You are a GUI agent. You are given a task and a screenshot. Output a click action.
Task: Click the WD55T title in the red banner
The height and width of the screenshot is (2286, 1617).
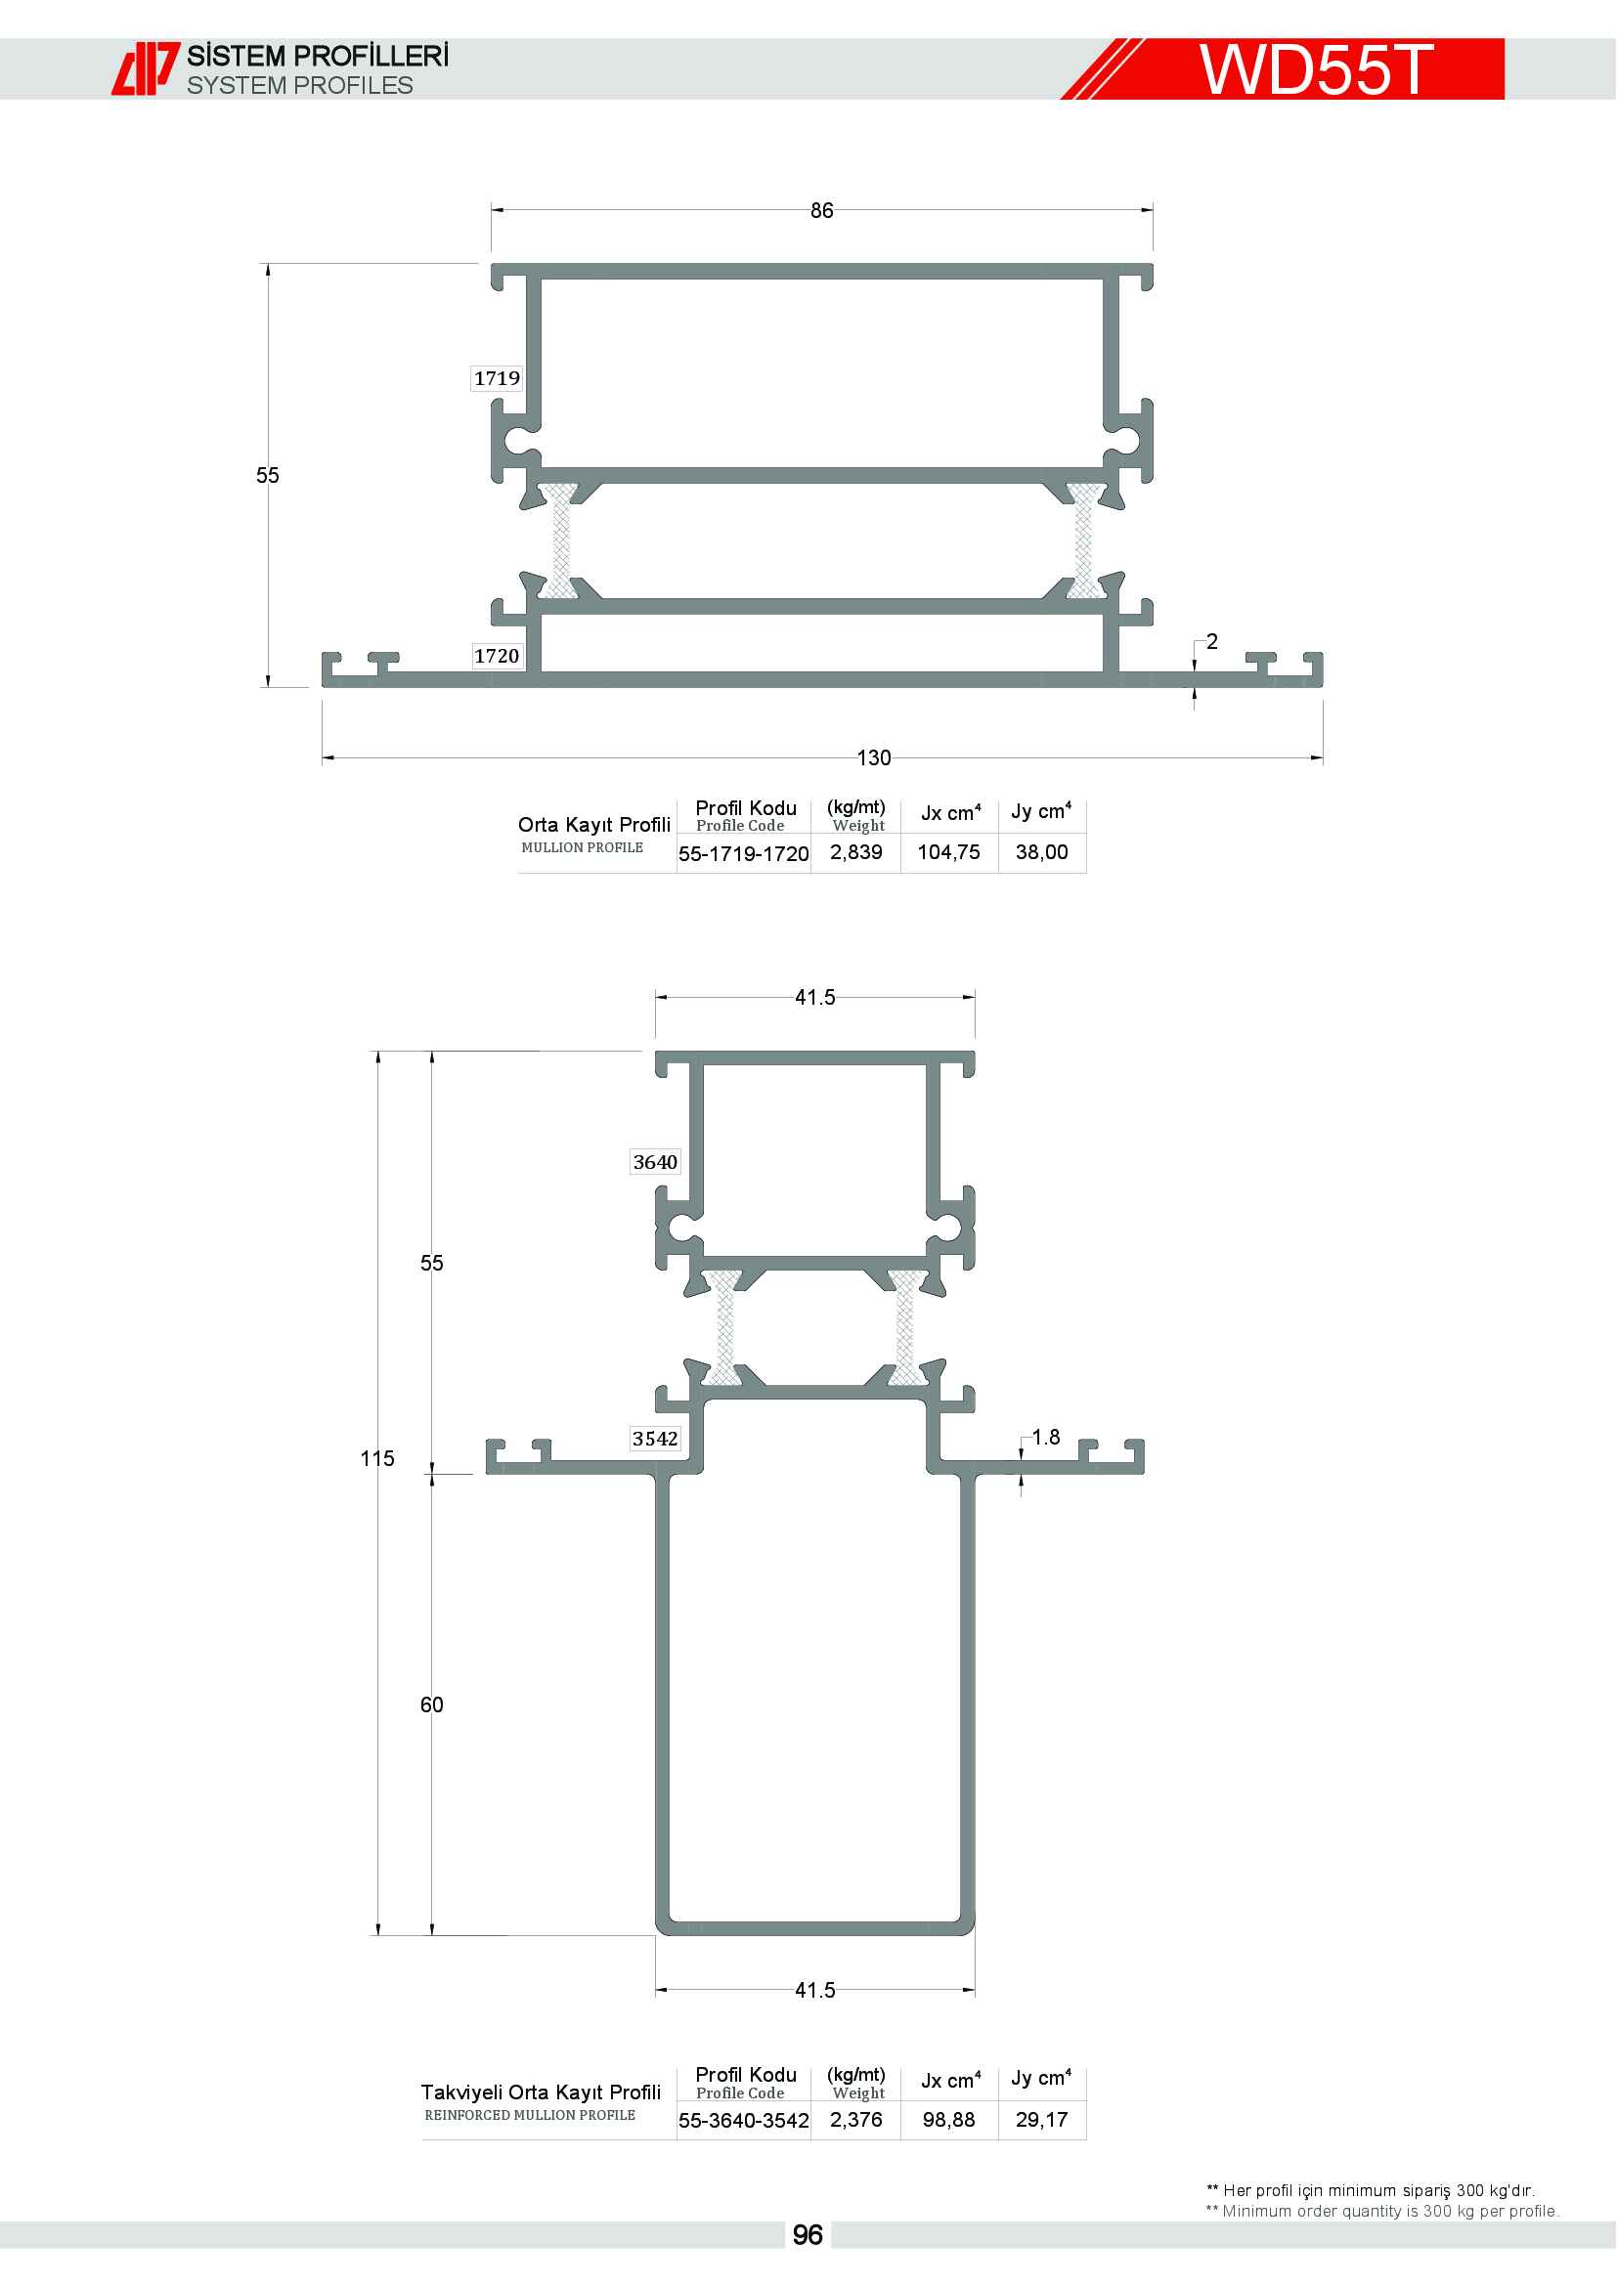1315,68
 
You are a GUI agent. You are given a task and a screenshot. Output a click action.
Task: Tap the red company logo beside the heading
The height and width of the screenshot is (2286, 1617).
146,68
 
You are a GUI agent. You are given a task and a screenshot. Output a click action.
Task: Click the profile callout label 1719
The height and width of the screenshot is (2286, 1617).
497,378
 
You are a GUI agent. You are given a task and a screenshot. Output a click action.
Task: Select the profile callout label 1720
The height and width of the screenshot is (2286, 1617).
497,655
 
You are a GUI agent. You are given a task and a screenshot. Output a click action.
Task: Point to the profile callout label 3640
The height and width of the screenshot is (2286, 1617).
655,1162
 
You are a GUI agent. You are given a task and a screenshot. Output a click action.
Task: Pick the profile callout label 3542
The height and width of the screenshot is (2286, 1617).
655,1439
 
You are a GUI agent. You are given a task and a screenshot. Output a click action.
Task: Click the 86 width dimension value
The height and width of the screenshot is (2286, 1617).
821,210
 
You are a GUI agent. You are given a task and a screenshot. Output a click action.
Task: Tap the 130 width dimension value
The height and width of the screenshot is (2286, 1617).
874,757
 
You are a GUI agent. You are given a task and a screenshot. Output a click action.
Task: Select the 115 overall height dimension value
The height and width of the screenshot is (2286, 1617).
377,1458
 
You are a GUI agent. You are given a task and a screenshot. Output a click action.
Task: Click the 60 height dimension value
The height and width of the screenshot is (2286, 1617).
431,1704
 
